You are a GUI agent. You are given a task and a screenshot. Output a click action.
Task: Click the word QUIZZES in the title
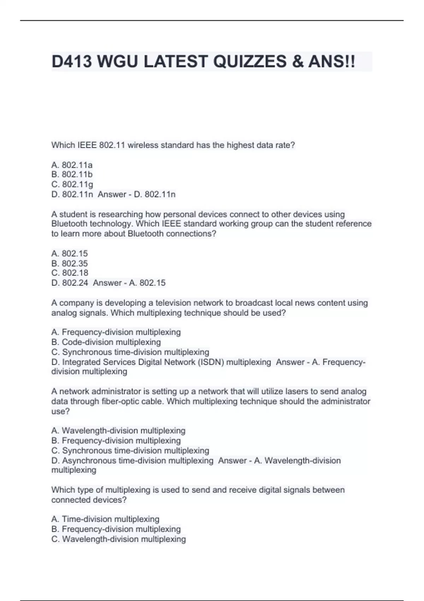point(250,62)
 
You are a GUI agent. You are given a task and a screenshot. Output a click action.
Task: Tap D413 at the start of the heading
point(72,62)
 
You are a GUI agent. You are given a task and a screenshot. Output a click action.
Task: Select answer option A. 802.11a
point(72,165)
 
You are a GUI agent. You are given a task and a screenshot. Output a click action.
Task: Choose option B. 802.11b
point(72,174)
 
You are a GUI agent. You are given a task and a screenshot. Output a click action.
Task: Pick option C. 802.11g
point(72,184)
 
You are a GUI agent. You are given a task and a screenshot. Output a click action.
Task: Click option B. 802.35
point(70,263)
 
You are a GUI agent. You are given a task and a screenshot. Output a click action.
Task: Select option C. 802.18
point(70,273)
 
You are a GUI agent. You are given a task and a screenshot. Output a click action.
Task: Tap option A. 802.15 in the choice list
point(70,253)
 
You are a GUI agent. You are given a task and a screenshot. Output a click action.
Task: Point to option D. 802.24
point(70,283)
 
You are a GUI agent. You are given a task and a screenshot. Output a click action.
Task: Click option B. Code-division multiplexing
point(106,342)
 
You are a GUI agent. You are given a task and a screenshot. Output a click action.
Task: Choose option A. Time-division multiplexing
point(105,519)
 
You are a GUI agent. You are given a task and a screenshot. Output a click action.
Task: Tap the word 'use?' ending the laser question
point(60,411)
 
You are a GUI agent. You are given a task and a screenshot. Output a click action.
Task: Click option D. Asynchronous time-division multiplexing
point(132,461)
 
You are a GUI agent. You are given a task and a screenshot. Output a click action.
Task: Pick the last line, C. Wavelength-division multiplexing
point(119,539)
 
